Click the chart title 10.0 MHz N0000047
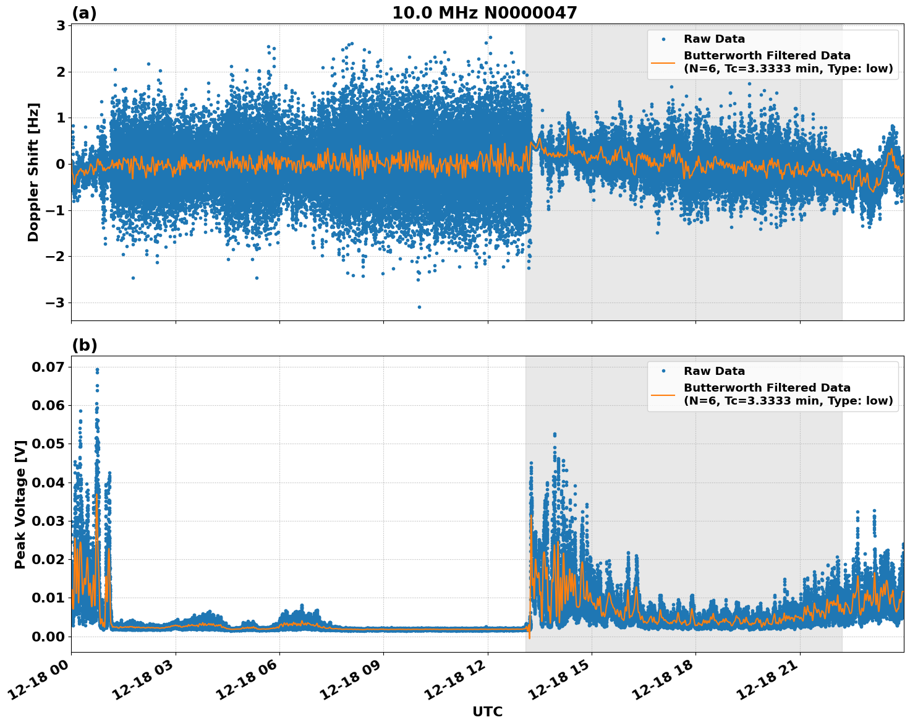tap(484, 13)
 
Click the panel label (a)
tap(84, 13)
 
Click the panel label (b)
tap(84, 345)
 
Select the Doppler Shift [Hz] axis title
tap(33, 172)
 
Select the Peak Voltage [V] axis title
tap(20, 504)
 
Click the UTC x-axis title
tap(487, 711)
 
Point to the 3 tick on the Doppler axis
tap(61, 25)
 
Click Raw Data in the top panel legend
tap(714, 39)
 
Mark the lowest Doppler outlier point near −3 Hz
tap(419, 307)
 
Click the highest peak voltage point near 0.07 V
tap(97, 369)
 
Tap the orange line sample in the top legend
tap(663, 62)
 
